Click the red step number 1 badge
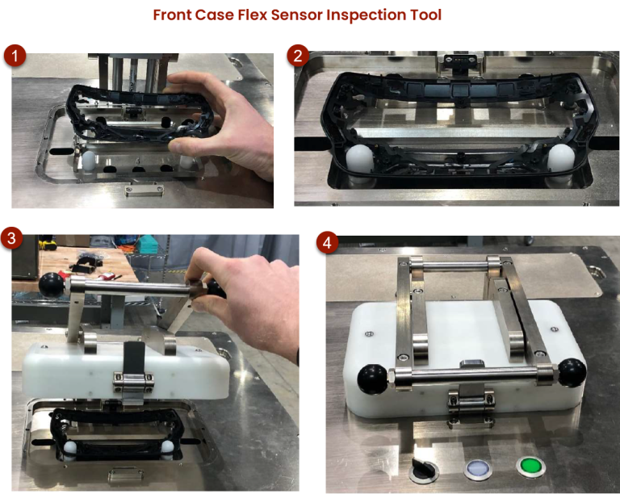(15, 57)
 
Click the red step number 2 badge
(298, 56)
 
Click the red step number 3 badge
(11, 237)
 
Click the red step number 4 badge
(326, 242)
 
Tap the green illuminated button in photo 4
(529, 466)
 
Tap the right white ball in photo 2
(559, 157)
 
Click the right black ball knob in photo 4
(572, 371)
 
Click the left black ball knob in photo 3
(51, 283)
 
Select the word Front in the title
(173, 15)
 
